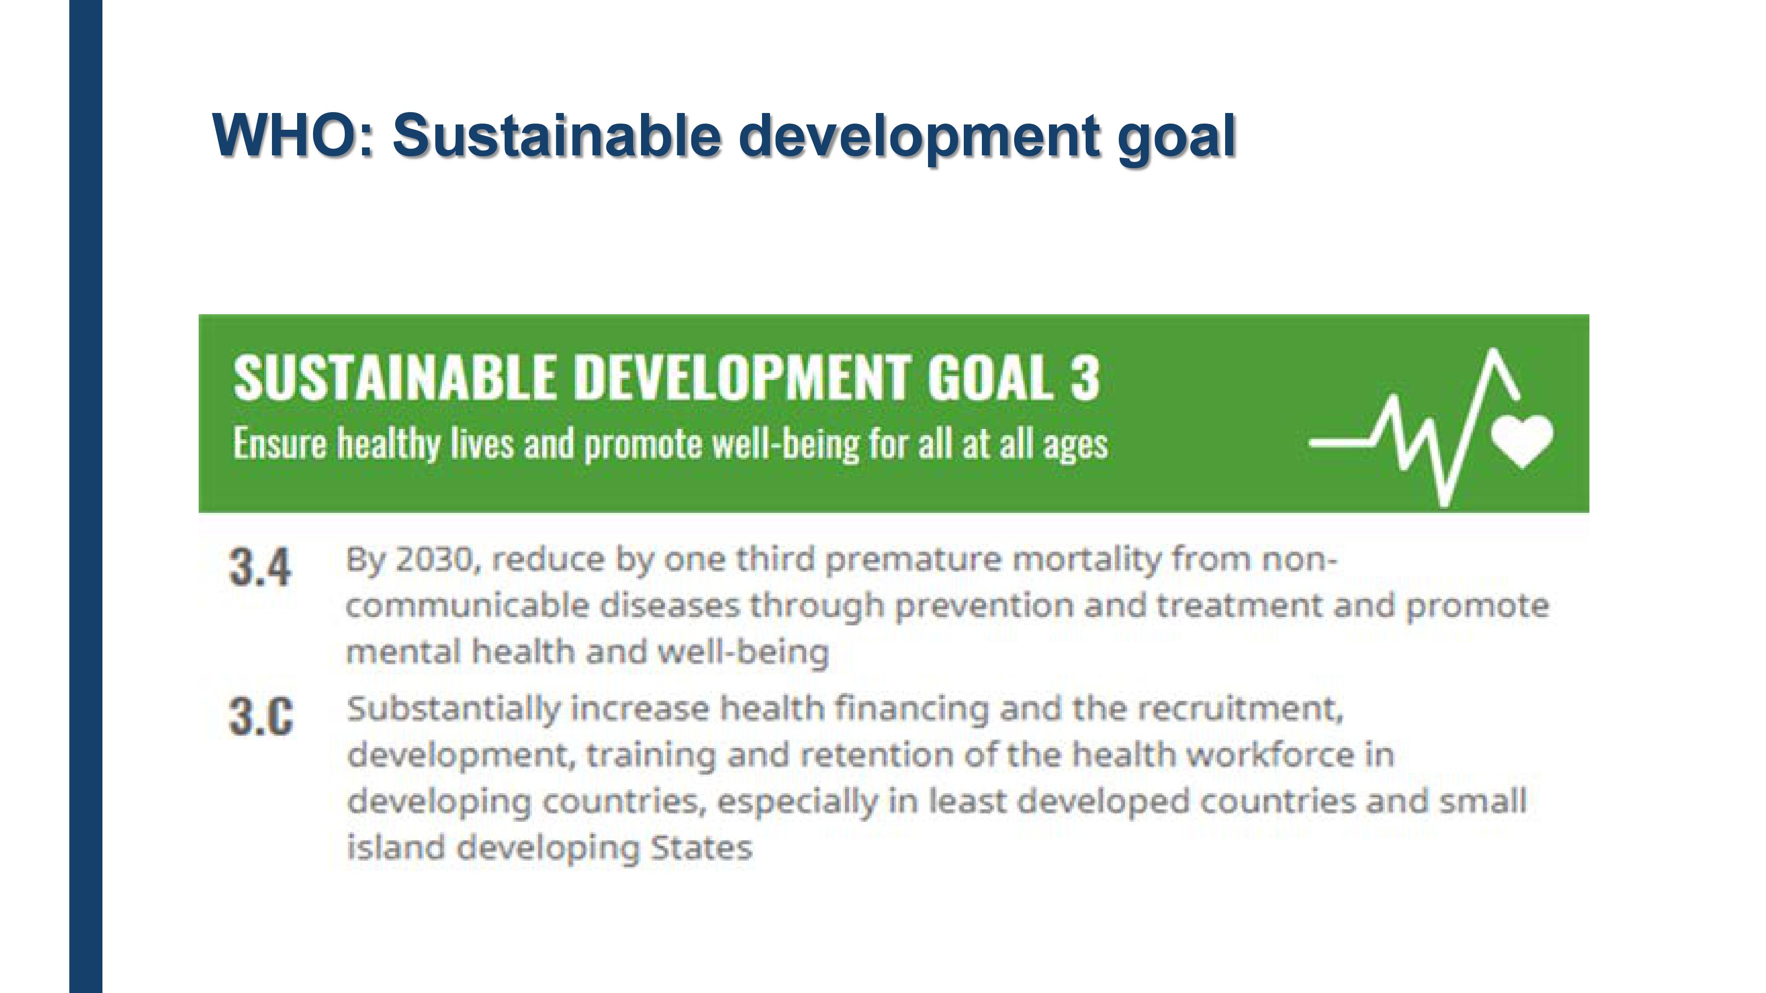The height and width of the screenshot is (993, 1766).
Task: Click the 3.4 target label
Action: point(260,568)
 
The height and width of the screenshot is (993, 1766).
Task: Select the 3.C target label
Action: point(260,716)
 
